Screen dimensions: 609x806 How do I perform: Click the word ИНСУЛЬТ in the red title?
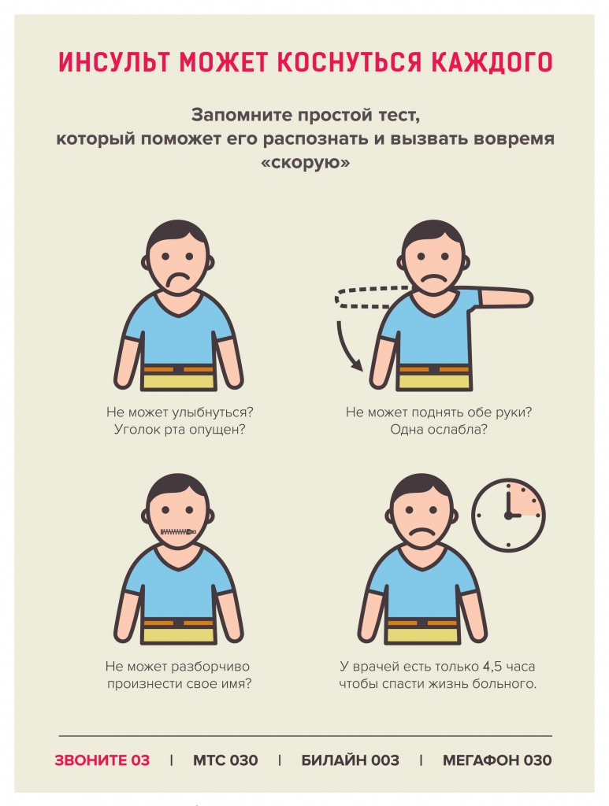[x=115, y=61]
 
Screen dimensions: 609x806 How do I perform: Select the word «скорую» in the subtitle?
[x=306, y=162]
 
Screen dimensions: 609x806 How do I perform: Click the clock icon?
[x=508, y=515]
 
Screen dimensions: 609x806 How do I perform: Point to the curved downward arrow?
[x=343, y=350]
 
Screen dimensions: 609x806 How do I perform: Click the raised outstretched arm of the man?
[x=504, y=298]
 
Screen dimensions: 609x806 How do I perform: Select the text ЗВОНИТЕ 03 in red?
[x=102, y=760]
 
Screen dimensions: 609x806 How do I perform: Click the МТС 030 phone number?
[x=225, y=760]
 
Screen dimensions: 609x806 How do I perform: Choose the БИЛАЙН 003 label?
[x=351, y=760]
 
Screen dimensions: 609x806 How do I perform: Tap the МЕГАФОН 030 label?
[x=497, y=760]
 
